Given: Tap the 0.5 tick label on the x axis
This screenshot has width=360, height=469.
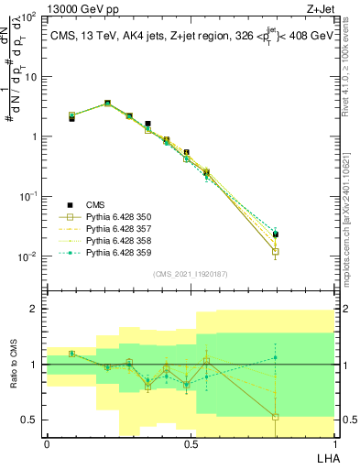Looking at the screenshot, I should tap(190, 444).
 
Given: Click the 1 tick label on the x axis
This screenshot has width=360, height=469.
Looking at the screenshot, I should tap(333, 444).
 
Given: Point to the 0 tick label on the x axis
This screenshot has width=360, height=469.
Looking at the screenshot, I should tap(47, 444).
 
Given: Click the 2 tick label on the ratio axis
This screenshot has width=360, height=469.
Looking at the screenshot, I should tap(32, 309).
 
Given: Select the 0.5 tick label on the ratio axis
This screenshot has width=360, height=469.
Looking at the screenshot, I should tap(28, 420).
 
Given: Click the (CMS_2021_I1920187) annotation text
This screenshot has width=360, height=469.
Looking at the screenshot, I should tap(191, 274).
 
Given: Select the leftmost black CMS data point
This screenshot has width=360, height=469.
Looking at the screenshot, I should tap(71, 118).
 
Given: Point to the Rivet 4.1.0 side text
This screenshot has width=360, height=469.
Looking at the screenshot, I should tap(351, 68).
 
